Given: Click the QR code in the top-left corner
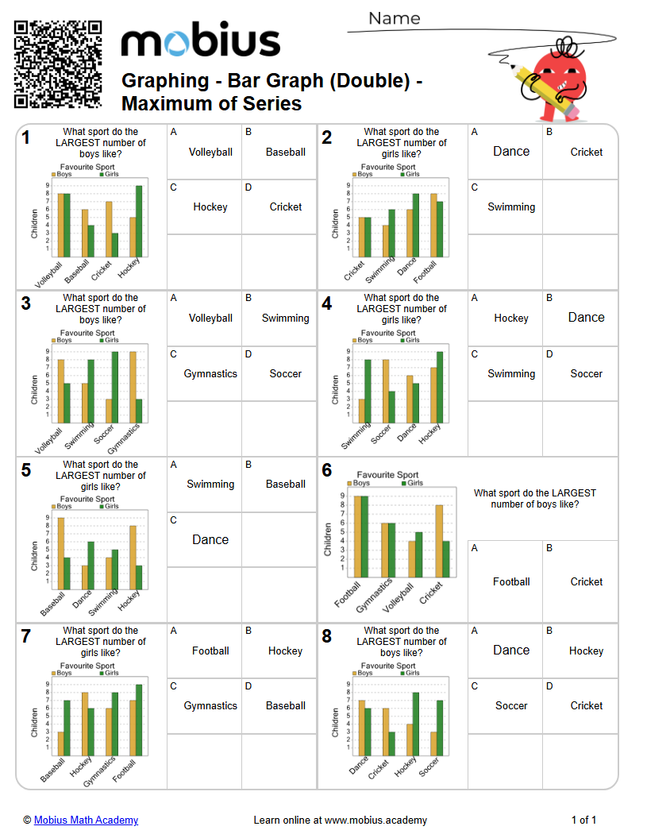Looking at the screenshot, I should tap(58, 64).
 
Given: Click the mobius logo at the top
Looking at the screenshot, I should tap(200, 41).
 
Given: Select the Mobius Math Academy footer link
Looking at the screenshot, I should tap(86, 820).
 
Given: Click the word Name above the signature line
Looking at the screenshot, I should tap(395, 18).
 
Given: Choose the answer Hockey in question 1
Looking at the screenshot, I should tap(210, 207).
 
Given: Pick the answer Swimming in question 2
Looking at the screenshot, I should tap(510, 207).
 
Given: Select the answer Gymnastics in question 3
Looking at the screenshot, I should tap(210, 373).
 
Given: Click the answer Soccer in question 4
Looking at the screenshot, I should tap(586, 373).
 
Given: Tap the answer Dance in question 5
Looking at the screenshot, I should tap(210, 539).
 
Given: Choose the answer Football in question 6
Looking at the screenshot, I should tap(510, 581).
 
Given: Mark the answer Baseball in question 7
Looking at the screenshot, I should tap(285, 705).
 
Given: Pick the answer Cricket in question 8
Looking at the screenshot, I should tap(586, 705).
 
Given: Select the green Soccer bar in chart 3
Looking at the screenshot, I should tap(115, 387).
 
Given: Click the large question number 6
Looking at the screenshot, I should tap(326, 470).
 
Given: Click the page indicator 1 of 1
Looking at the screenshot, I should tap(583, 820).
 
